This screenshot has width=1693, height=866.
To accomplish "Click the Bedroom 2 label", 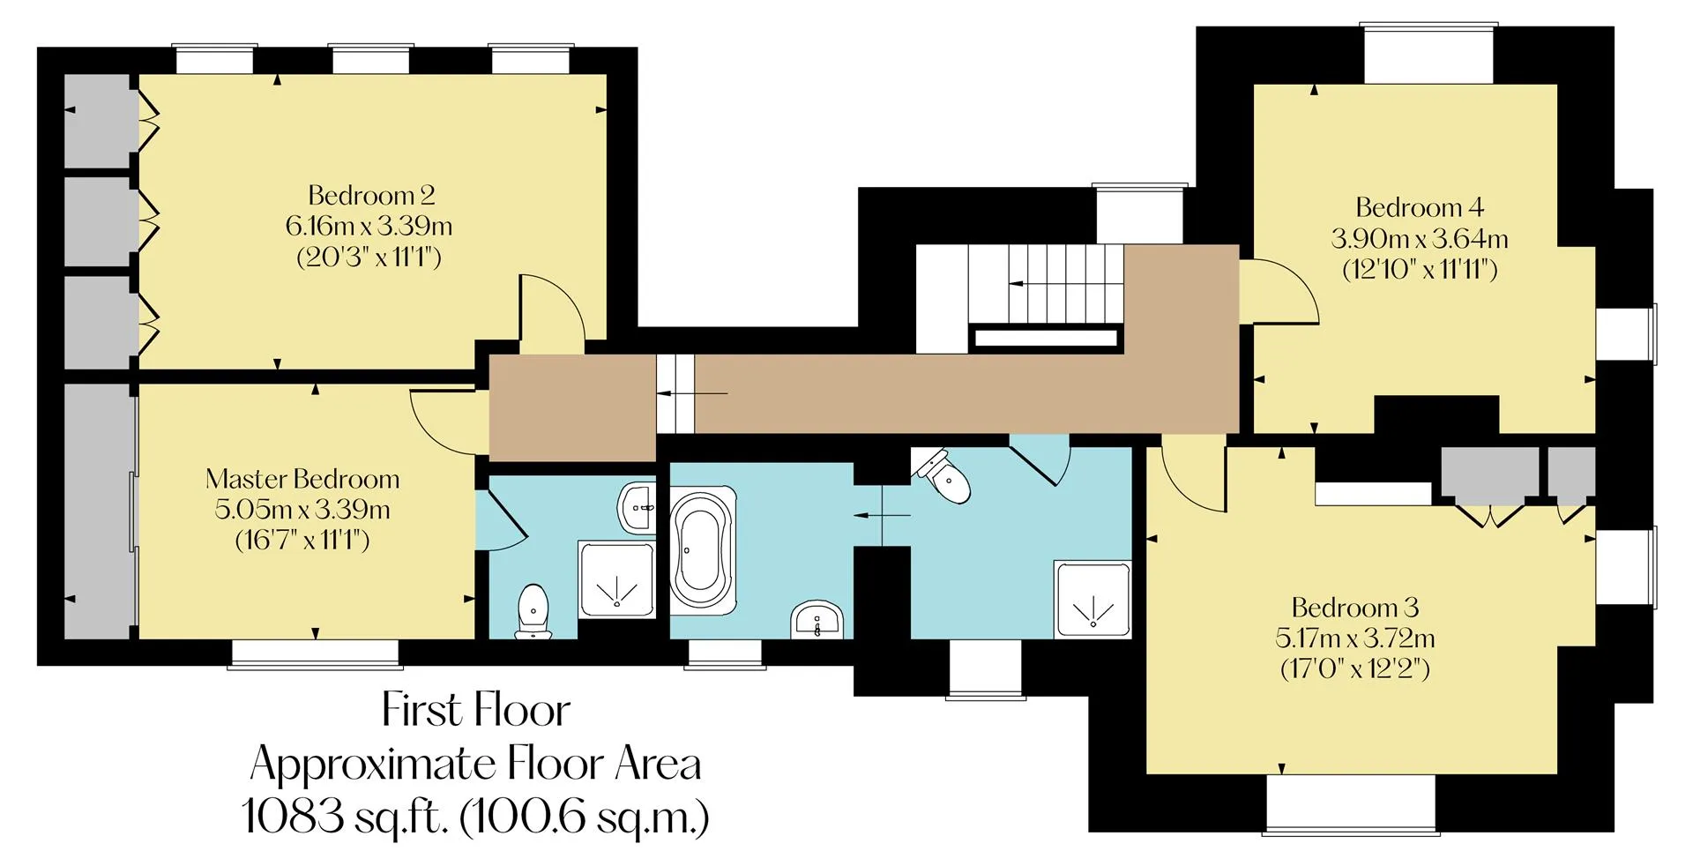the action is (371, 195).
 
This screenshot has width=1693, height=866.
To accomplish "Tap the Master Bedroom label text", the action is (302, 479).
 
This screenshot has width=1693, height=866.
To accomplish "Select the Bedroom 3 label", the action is (1354, 608).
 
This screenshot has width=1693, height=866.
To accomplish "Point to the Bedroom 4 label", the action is (1420, 207).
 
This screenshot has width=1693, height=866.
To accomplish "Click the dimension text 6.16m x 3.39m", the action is (369, 227).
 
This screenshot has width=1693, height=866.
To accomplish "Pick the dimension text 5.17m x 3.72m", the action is (1354, 638).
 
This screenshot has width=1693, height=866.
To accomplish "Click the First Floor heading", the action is (476, 710).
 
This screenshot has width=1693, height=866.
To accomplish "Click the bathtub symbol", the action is (704, 551).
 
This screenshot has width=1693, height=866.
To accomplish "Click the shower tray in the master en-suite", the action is (617, 579).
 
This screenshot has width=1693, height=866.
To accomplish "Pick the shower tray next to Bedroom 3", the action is (1093, 599).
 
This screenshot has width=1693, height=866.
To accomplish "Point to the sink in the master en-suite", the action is (638, 508).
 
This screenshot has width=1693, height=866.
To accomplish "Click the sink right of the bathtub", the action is (818, 619).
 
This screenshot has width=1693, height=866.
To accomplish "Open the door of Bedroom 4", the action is (1279, 291).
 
